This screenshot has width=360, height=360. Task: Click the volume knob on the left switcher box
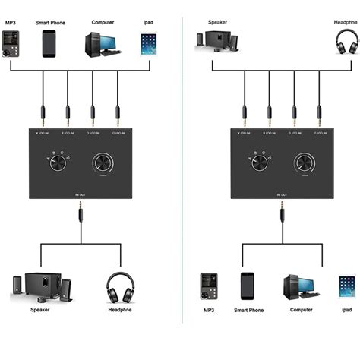coord(104,164)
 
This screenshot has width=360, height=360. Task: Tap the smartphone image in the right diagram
coord(247,286)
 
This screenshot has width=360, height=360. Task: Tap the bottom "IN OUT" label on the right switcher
coord(282,195)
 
